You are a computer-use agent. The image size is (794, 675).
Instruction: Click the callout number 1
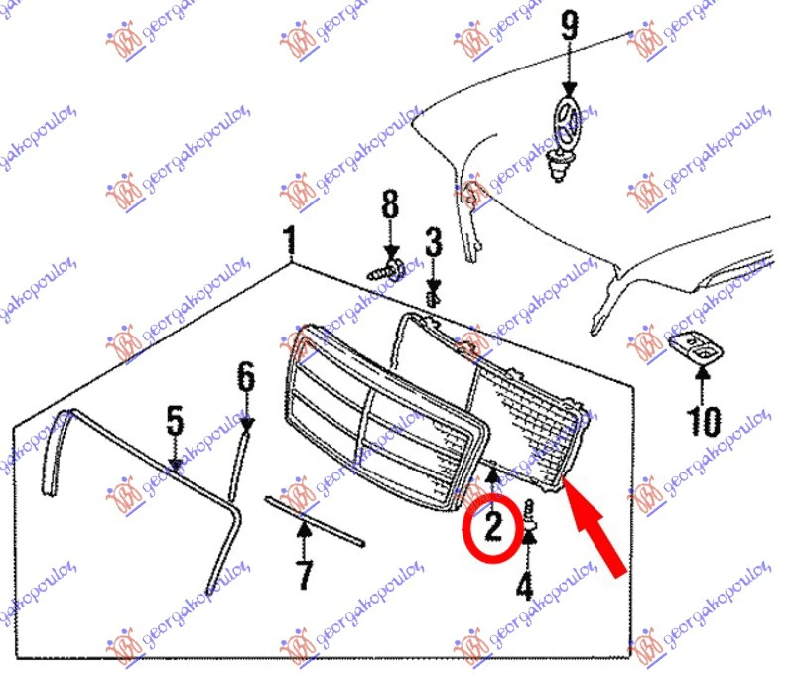click(289, 240)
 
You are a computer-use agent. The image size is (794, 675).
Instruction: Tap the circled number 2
click(492, 527)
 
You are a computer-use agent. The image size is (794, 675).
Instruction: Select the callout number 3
click(433, 242)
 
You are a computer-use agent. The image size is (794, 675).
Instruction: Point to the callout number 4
click(525, 586)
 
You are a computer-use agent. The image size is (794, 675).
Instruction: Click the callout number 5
click(175, 420)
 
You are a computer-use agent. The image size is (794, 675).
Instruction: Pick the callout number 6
click(246, 376)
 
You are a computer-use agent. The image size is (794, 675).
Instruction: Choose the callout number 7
click(304, 574)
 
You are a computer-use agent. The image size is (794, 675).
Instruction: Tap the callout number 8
click(390, 204)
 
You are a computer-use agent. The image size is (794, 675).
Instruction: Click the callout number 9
click(570, 26)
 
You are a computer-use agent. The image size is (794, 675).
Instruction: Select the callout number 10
click(703, 421)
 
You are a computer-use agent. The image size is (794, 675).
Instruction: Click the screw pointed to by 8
click(385, 270)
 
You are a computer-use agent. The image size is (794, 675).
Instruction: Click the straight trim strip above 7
click(315, 521)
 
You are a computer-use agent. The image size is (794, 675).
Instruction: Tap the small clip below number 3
click(432, 299)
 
